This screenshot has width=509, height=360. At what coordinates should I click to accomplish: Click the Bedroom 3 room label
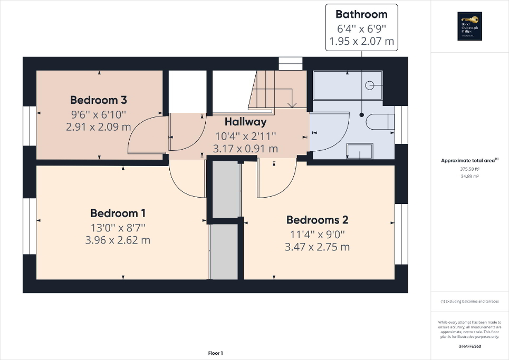99,100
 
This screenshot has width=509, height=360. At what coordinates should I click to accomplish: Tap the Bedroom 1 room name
118,213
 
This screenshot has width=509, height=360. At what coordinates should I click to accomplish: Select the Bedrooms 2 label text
317,220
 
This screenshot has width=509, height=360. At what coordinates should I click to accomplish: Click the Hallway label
245,122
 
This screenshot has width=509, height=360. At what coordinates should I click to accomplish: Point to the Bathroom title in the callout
361,14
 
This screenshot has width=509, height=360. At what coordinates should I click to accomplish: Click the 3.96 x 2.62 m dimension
118,240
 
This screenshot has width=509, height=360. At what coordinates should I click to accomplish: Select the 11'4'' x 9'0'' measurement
317,234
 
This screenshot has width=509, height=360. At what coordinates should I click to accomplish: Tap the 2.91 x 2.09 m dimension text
99,127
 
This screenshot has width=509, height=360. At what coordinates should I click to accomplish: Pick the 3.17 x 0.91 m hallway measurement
245,149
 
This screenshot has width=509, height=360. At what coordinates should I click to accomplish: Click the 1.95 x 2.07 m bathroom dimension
361,42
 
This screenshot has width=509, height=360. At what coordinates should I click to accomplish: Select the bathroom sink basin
360,151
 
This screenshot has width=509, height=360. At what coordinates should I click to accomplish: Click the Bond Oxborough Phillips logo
469,26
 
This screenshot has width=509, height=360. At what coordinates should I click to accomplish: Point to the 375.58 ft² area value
469,169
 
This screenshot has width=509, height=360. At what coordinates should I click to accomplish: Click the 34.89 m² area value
469,177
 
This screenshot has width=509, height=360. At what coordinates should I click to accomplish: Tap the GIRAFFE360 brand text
469,346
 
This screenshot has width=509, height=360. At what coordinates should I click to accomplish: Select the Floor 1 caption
215,353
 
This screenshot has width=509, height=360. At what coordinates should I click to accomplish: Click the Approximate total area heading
469,160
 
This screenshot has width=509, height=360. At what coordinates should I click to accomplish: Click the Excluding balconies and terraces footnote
469,301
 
